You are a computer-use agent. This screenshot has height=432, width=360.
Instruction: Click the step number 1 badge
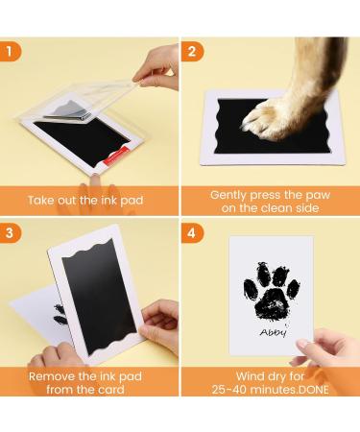click(10, 51)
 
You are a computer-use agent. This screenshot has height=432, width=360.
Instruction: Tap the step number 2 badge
click(192, 51)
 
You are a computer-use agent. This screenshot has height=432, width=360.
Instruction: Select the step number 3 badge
click(10, 232)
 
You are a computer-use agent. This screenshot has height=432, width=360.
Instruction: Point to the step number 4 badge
click(192, 232)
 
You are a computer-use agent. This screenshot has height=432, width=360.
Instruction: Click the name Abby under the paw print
click(273, 332)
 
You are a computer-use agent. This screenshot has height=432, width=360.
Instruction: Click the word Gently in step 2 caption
click(228, 195)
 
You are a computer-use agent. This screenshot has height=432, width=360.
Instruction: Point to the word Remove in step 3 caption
click(52, 376)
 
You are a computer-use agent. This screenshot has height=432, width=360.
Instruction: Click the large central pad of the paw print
click(272, 304)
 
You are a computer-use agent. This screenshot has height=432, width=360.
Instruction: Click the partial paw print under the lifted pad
click(60, 314)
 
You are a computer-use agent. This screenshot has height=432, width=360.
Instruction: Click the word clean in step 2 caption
click(279, 208)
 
